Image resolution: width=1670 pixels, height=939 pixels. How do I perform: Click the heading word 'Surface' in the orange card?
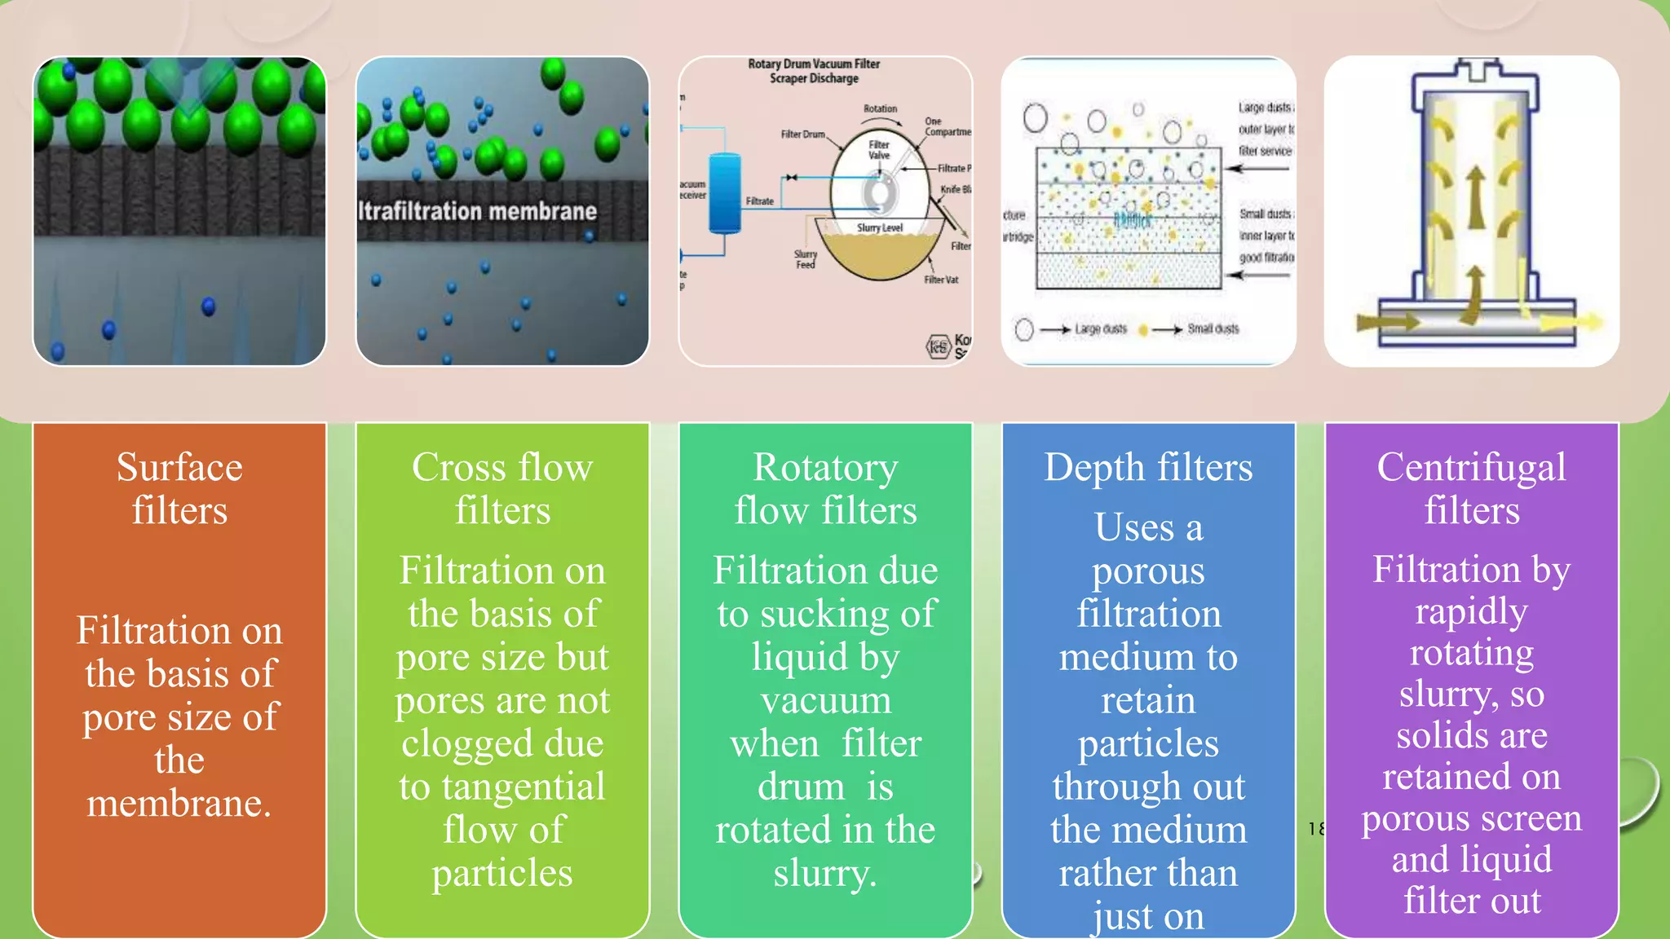tap(179, 468)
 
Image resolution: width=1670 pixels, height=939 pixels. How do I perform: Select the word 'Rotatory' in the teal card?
tap(825, 468)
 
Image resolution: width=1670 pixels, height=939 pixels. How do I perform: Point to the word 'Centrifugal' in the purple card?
tap(1471, 468)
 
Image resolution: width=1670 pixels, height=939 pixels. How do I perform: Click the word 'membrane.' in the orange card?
tap(179, 804)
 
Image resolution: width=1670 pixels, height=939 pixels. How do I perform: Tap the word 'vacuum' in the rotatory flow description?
tap(825, 701)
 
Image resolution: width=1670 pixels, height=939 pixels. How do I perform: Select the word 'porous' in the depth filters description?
tap(1148, 571)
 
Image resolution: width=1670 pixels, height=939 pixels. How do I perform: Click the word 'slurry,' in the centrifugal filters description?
tap(1471, 694)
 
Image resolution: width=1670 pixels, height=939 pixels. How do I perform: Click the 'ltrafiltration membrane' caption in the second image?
tap(478, 212)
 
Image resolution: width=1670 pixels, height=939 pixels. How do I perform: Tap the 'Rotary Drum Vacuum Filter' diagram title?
tap(814, 64)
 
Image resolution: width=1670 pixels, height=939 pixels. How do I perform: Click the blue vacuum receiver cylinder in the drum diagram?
tap(724, 194)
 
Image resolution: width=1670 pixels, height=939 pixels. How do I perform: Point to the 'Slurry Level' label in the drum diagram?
tap(879, 228)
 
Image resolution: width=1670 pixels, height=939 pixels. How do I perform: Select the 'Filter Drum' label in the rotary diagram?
tap(802, 134)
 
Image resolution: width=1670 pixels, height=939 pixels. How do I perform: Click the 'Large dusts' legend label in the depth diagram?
tap(1100, 329)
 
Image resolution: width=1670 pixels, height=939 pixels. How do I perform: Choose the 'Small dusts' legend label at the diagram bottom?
tap(1213, 329)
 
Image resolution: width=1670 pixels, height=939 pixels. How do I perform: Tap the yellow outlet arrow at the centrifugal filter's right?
tap(1570, 323)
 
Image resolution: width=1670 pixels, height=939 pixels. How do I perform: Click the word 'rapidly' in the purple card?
tap(1471, 611)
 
